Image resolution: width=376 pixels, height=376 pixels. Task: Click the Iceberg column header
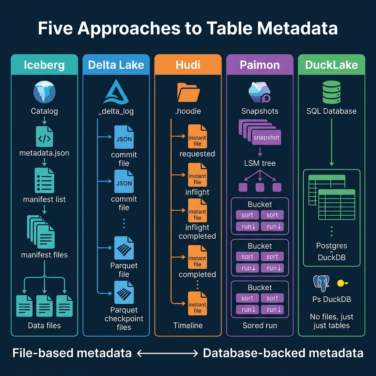[44, 65]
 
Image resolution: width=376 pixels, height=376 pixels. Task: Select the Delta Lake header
[116, 65]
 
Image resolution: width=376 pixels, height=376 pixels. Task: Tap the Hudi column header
[188, 65]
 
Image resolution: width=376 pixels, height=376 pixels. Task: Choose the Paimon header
[260, 65]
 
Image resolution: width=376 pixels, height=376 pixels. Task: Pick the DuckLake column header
[331, 65]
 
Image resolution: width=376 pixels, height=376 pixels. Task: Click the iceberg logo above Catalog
[44, 93]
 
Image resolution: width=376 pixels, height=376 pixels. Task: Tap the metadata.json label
[44, 153]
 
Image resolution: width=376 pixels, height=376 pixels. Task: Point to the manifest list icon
[44, 180]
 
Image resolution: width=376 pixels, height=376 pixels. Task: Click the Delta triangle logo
[116, 93]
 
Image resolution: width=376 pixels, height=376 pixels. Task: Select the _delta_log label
[116, 111]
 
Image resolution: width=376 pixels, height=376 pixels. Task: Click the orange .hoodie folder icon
[188, 92]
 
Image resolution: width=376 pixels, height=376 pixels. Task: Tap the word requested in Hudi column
[197, 154]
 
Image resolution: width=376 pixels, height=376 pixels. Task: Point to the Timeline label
[188, 325]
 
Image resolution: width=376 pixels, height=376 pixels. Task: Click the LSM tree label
[260, 163]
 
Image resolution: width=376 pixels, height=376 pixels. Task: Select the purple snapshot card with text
[266, 138]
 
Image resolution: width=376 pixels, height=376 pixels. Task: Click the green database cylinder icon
[331, 92]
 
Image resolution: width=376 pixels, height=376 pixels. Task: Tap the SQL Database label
[331, 111]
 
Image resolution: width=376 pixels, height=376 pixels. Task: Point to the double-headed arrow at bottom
[167, 353]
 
